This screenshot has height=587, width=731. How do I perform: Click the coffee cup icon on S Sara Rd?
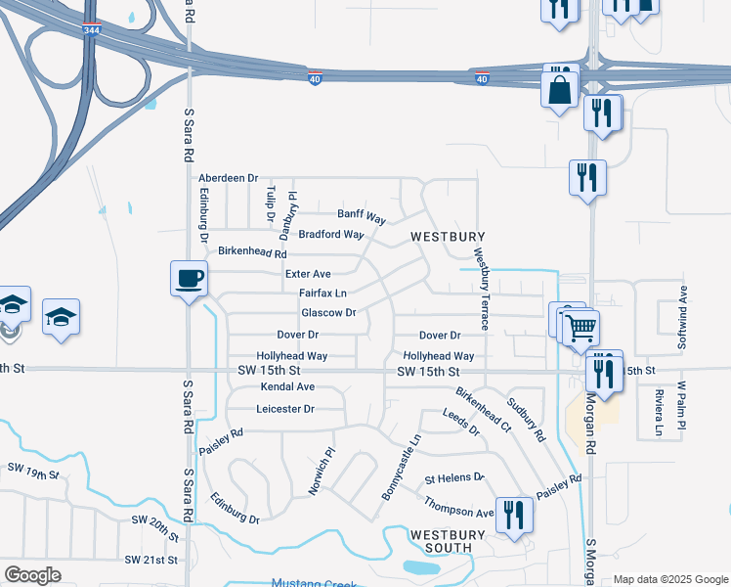point(189,279)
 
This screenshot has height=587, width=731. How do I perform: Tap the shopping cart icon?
point(580,326)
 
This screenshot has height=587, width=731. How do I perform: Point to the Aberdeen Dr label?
point(228,178)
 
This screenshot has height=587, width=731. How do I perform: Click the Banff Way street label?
point(362,213)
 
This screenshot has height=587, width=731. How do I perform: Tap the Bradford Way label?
point(331,235)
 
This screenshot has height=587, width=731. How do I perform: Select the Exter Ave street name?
point(308,273)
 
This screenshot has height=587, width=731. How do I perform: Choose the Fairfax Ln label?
point(322,293)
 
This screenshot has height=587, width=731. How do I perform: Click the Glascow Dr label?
point(328,312)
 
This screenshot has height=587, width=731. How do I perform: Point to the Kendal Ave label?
point(287,387)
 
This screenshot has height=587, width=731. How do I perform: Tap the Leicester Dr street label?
point(285,409)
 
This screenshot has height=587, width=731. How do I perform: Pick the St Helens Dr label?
point(454,478)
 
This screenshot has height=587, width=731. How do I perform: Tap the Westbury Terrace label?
point(481,288)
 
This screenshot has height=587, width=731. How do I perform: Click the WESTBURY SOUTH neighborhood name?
point(448,542)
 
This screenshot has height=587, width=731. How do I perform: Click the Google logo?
point(33,575)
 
